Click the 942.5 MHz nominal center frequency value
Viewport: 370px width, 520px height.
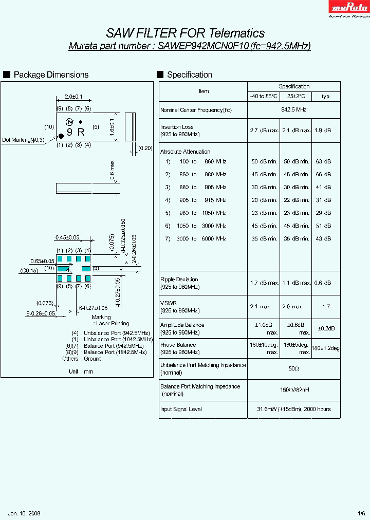point(294,110)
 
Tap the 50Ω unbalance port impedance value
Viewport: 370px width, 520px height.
point(294,369)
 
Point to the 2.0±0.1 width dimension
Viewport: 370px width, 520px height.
point(73,97)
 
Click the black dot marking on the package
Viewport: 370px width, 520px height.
point(61,135)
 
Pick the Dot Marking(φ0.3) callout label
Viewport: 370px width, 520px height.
point(23,140)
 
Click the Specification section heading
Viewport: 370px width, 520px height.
point(189,75)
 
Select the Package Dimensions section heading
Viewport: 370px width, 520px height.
point(51,75)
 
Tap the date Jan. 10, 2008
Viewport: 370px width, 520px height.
point(24,513)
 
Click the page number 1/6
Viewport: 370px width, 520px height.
point(361,513)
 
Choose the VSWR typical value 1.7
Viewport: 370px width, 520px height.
point(326,307)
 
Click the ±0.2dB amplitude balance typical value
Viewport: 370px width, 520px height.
point(326,328)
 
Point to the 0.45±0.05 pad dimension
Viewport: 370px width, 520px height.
point(68,237)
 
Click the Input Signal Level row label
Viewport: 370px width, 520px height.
point(181,409)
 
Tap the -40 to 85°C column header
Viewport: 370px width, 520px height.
point(264,96)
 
